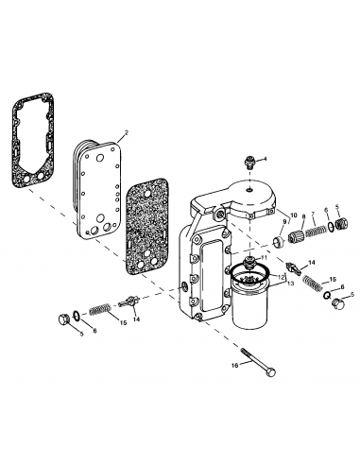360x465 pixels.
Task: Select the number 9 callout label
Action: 282,222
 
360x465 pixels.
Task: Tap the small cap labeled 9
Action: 280,234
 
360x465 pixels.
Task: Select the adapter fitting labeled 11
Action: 250,260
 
